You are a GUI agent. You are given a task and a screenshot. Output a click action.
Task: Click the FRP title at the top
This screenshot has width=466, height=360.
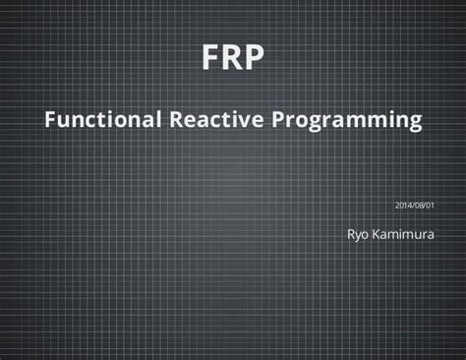233,59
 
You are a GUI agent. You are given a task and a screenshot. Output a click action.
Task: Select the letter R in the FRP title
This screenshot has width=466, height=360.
232,59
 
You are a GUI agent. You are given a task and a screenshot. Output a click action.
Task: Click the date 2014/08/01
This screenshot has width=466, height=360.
414,205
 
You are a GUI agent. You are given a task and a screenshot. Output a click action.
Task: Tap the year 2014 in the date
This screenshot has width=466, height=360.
403,205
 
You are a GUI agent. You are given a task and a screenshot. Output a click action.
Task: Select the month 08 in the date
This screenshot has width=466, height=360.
418,205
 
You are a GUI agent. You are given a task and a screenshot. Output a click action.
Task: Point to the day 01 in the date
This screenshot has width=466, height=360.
429,205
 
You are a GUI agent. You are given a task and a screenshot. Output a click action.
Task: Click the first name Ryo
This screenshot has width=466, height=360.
358,236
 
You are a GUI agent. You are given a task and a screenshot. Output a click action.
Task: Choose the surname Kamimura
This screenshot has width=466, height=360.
405,235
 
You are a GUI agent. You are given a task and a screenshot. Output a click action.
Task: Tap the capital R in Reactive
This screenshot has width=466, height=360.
179,121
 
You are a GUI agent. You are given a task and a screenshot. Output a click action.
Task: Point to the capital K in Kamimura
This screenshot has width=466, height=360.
379,235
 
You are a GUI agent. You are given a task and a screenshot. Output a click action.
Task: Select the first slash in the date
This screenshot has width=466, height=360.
412,205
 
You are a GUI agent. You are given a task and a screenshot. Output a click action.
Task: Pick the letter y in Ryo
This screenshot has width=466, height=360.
358,237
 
